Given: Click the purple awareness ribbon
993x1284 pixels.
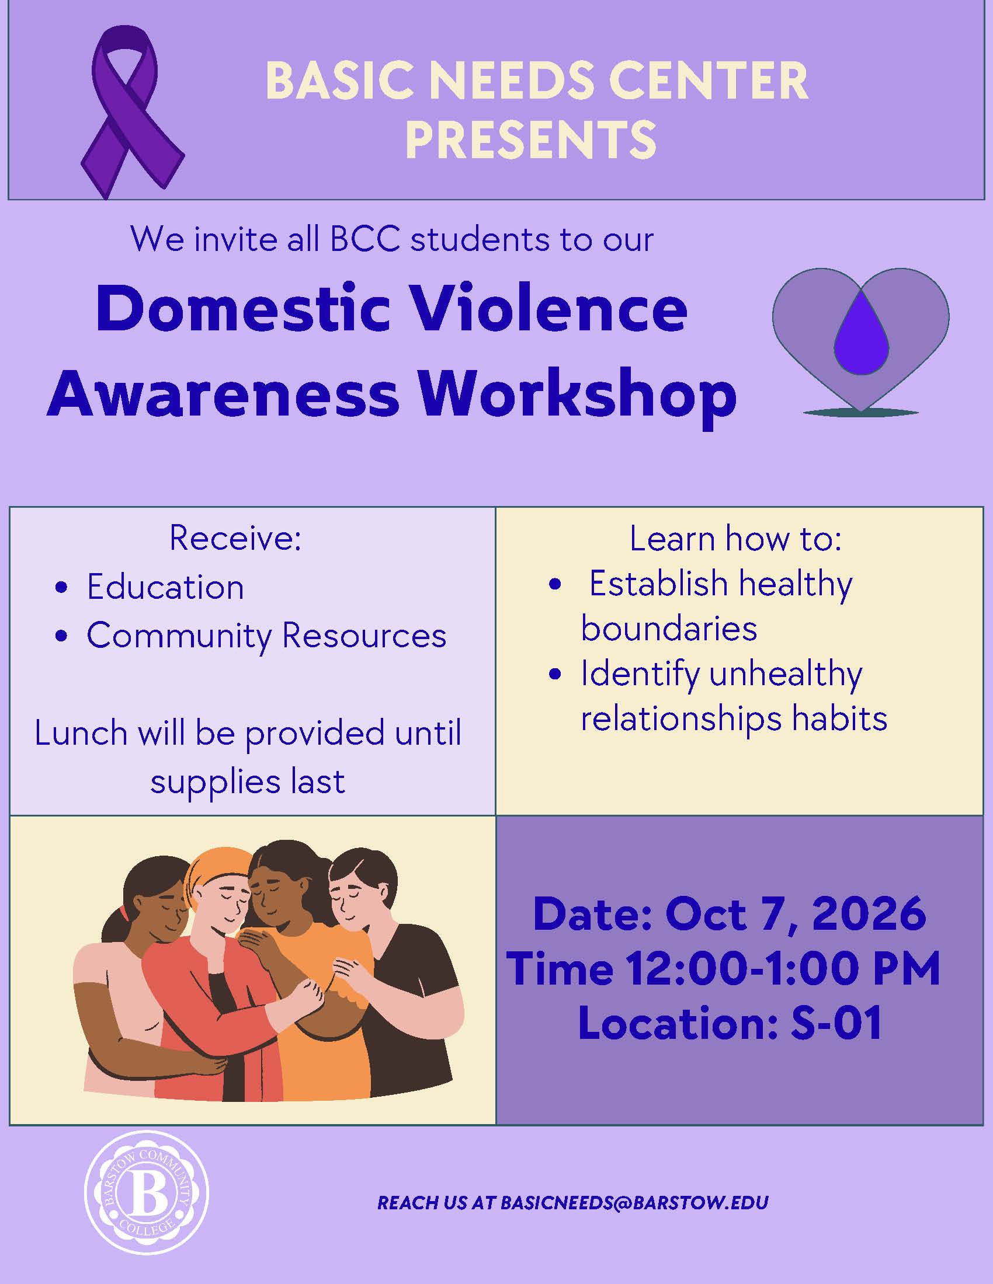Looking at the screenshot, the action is pos(132,111).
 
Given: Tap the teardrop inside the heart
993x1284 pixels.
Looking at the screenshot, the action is pos(861,333).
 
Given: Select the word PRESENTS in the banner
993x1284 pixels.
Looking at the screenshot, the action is pos(530,139).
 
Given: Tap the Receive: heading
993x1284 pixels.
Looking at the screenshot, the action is pos(235,538).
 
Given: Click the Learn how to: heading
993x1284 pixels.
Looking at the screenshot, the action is pos(735,538).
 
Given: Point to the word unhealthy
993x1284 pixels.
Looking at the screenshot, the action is pos(786,674).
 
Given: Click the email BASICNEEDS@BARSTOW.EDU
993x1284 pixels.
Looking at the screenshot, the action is pos(635,1203).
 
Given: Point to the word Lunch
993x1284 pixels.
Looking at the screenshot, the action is pos(81,734).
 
